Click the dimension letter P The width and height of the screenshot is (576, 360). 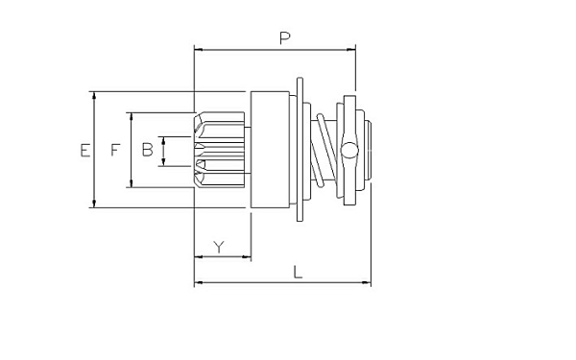pos(285,38)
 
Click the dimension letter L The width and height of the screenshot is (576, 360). pos(298,273)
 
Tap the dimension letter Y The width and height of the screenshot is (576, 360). pos(219,248)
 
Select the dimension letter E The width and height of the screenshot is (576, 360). pos(85,151)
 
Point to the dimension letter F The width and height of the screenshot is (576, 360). pos(115,150)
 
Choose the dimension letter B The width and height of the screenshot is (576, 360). pos(147,150)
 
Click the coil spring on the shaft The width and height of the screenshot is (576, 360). pos(324,151)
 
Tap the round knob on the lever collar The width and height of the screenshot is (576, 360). pos(349,151)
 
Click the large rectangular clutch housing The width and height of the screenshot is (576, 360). pos(270,150)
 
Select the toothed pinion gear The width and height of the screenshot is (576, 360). pos(219,150)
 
